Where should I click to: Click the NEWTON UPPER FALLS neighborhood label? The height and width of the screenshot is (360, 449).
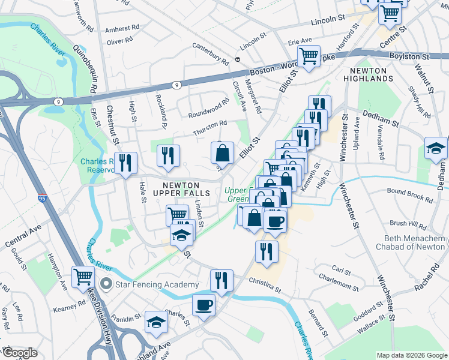pos(181,188)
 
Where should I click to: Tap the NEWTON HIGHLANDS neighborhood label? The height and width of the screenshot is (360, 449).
pos(368,74)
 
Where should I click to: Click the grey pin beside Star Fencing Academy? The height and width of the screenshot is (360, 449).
pos(107,284)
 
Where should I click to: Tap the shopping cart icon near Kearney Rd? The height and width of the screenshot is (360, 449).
pos(82,276)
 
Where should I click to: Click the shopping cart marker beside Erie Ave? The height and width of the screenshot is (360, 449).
pos(309,56)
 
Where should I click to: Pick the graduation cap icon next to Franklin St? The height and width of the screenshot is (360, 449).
pos(156,323)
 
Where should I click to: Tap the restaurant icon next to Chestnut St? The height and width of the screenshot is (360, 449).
pos(125,163)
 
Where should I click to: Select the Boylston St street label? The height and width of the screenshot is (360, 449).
pos(414,56)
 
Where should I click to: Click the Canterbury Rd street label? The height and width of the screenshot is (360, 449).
pos(211,53)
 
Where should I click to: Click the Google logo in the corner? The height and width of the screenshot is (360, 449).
pos(20,353)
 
